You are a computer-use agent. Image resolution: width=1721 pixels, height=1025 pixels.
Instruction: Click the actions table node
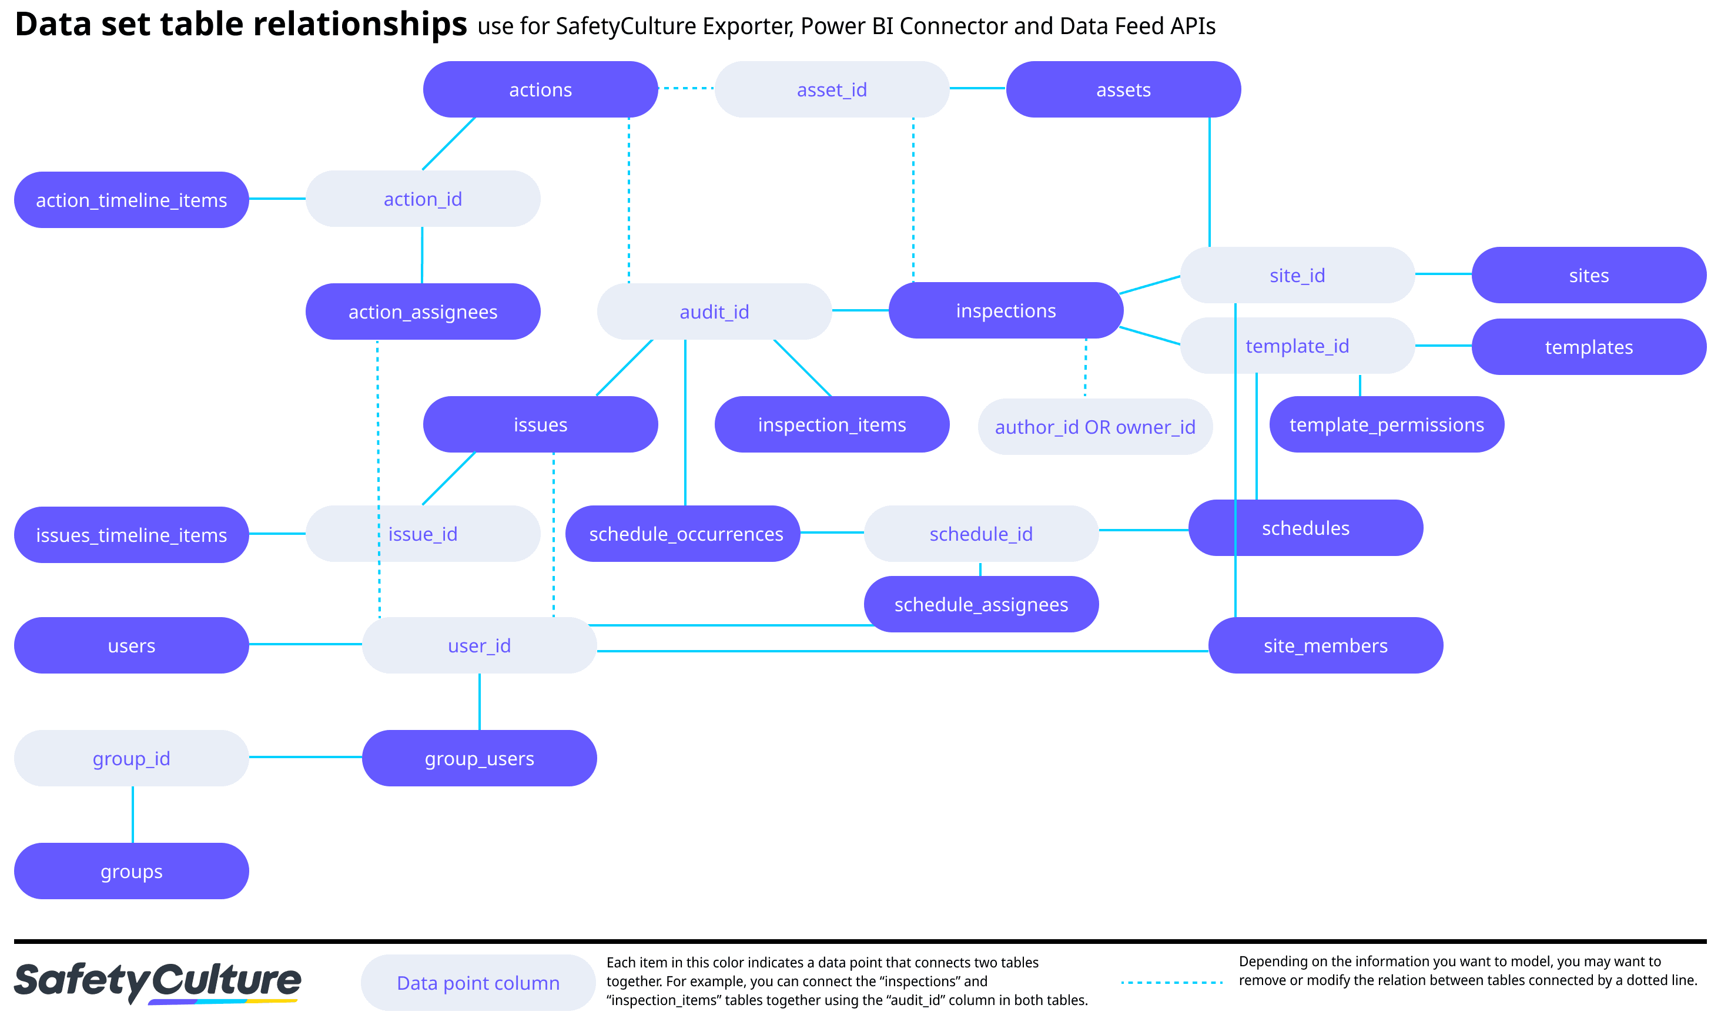click(540, 90)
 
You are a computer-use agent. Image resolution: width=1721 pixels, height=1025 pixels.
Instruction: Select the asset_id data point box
click(832, 90)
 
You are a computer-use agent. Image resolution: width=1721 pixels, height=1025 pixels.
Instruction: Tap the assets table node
click(1123, 90)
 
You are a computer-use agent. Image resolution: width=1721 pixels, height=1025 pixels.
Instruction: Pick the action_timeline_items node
click(131, 200)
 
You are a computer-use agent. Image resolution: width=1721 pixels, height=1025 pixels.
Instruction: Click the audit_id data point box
click(714, 311)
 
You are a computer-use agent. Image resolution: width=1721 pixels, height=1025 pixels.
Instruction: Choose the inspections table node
click(1006, 311)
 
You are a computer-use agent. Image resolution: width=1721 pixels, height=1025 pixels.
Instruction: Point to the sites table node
click(1588, 276)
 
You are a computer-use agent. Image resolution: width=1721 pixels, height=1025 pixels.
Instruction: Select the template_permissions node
click(1386, 425)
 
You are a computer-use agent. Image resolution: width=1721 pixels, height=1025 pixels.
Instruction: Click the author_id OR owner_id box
click(1094, 427)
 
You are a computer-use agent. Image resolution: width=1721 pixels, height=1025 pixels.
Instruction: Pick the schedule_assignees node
click(980, 604)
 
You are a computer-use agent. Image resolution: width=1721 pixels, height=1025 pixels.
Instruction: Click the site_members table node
click(1325, 646)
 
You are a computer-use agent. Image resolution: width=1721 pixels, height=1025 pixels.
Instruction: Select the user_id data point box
click(479, 646)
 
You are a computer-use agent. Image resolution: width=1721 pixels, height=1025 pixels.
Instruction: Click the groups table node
click(131, 871)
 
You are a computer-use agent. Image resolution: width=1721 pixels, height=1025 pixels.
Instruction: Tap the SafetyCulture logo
click(158, 982)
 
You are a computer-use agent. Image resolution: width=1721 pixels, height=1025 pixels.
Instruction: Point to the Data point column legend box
click(478, 983)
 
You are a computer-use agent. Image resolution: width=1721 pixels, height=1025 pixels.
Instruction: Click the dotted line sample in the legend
click(1171, 982)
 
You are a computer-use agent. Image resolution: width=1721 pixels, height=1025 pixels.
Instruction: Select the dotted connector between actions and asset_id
click(686, 88)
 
